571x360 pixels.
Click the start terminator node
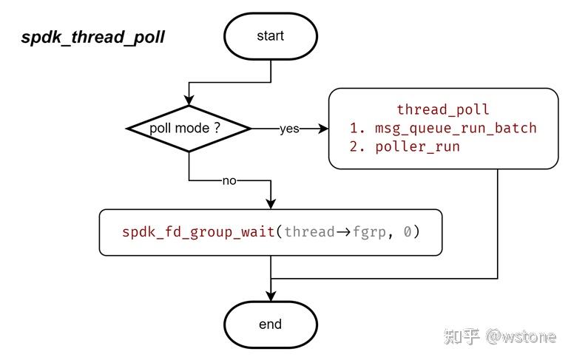pos(271,36)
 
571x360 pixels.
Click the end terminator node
pos(271,325)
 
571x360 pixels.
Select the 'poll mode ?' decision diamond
pos(189,129)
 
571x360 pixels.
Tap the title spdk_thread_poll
pos(93,38)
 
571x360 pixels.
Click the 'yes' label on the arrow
pos(289,129)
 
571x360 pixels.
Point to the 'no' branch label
pos(229,180)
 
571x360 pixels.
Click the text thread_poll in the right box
pos(443,109)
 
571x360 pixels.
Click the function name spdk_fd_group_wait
pos(198,232)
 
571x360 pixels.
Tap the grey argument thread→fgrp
pos(334,232)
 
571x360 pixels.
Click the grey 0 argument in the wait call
pos(408,231)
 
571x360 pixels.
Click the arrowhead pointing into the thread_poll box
pos(323,129)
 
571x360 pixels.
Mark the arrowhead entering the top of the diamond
pos(189,100)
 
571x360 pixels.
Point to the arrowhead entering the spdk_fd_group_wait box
pos(271,204)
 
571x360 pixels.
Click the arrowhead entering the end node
pos(271,296)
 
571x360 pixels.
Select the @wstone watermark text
pos(521,336)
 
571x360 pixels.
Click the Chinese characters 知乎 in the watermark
pos(462,336)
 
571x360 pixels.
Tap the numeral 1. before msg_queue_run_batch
pos(357,128)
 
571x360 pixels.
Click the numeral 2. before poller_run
pos(357,146)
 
